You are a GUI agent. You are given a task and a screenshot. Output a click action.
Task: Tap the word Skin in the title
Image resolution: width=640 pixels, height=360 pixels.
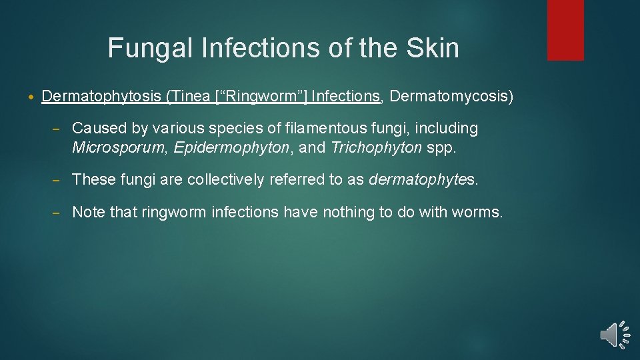435,48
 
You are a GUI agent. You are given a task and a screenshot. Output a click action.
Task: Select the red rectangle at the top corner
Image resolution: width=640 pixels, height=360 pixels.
565,30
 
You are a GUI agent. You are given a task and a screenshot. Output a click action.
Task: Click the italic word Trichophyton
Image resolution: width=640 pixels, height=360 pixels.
376,147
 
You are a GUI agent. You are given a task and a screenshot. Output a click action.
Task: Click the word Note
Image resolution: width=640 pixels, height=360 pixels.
87,212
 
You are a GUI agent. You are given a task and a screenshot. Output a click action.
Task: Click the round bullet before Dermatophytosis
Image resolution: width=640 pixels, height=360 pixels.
32,97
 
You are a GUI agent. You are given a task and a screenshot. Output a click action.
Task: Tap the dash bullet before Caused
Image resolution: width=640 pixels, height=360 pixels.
57,128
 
